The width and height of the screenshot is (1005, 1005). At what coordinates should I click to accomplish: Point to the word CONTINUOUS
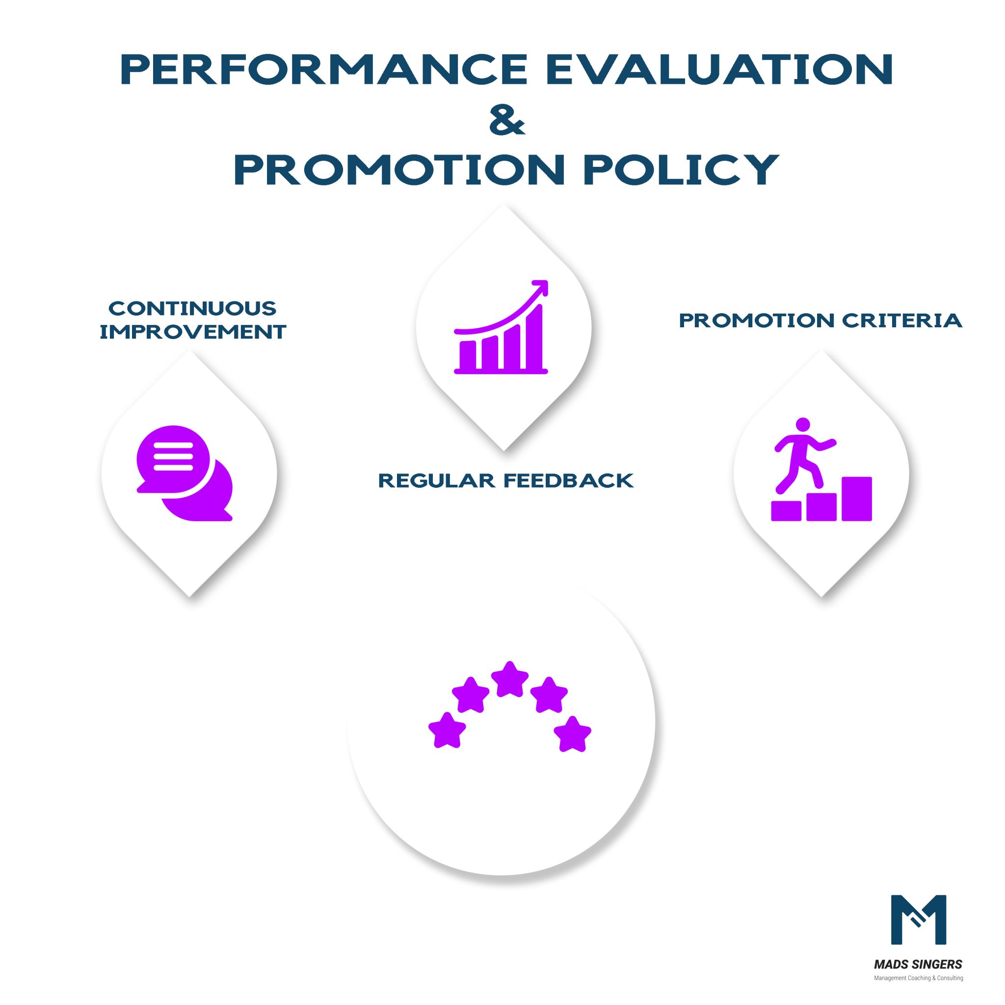192,309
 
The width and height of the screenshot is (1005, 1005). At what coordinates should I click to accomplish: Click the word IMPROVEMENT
192,331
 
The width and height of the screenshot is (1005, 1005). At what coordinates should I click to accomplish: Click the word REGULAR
436,480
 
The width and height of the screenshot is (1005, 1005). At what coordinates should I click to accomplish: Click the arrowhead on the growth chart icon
541,287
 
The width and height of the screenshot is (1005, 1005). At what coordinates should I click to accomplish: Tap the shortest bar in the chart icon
467,355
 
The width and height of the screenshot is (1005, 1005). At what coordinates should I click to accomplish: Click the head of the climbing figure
803,424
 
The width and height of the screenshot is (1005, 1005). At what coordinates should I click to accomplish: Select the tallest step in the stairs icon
856,499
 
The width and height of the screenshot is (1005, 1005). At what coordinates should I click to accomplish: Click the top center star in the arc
510,679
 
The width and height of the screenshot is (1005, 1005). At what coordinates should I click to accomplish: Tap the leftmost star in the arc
447,730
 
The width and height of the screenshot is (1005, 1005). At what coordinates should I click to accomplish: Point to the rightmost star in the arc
572,734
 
